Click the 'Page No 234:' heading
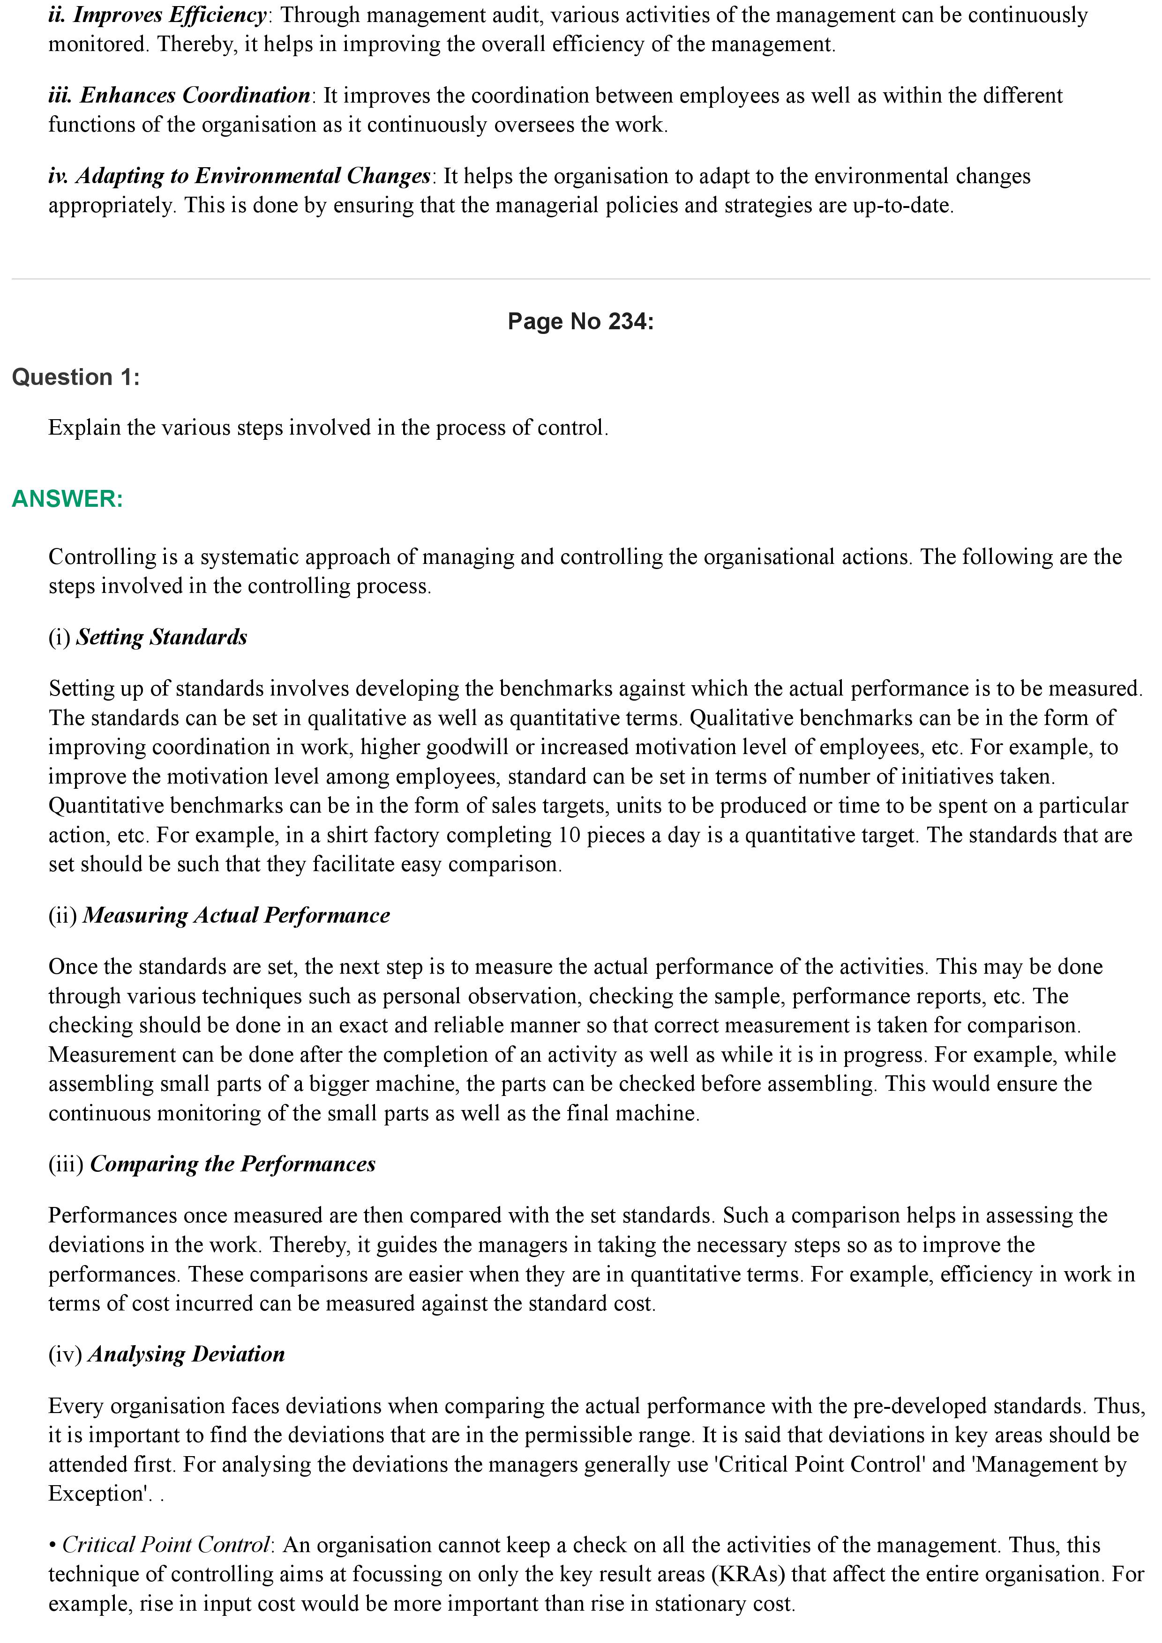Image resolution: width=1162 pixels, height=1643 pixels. coord(580,321)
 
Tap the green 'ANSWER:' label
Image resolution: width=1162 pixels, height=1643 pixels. coord(67,499)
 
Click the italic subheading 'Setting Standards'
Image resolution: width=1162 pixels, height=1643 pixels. coord(162,637)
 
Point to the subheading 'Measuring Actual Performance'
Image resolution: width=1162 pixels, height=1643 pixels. coord(236,915)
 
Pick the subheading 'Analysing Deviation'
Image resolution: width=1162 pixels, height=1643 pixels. coord(186,1354)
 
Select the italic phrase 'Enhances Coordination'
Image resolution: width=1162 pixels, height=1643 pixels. coord(195,95)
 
